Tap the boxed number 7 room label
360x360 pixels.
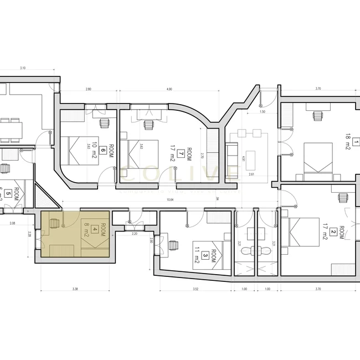pyautogui.click(x=181, y=152)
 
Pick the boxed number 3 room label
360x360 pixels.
pyautogui.click(x=205, y=255)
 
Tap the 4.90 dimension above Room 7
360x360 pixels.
pyautogui.click(x=169, y=89)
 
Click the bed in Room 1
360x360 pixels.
pyautogui.click(x=318, y=158)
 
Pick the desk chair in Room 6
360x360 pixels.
pyautogui.click(x=103, y=122)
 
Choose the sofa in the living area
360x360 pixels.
pyautogui.click(x=231, y=157)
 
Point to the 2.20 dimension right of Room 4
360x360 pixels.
pyautogui.click(x=133, y=234)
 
